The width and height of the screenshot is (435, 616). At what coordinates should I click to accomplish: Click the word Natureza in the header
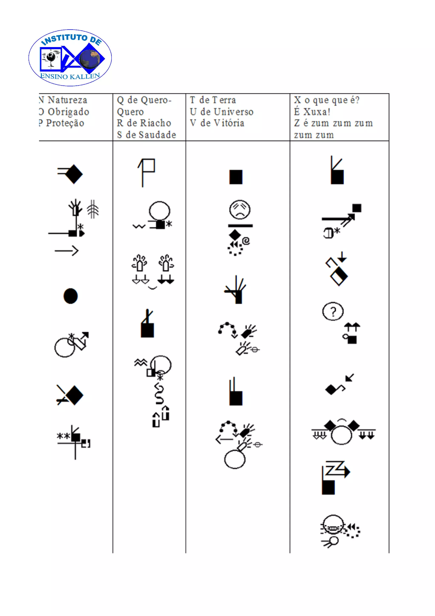coord(67,100)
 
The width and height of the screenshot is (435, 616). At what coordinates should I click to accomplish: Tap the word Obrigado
coord(68,112)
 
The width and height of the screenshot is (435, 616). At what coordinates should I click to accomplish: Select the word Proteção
coord(65,123)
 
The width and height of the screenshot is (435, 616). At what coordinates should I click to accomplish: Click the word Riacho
coord(156,123)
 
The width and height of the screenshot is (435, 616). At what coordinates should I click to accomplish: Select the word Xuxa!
coord(317,112)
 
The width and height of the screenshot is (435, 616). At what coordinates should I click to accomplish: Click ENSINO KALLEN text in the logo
coord(70,76)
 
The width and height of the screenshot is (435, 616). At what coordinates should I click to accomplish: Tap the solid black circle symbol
coord(71,296)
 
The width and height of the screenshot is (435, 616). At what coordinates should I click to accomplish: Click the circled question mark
coord(333,311)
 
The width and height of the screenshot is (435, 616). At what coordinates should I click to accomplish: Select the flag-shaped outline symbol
coord(147,172)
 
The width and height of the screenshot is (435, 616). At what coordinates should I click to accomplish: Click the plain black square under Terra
coord(236,177)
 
